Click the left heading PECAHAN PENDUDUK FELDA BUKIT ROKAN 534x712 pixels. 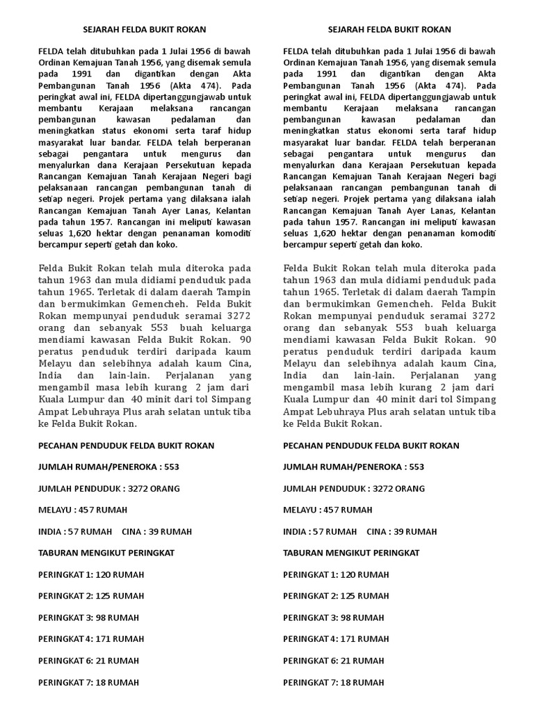click(x=126, y=446)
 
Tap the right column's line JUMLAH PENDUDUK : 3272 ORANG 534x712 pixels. click(x=354, y=489)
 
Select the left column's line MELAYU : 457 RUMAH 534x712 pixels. click(x=83, y=510)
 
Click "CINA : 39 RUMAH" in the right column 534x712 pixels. click(x=402, y=532)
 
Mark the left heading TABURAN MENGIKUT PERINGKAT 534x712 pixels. click(x=106, y=553)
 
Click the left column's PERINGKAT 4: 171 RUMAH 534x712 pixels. click(x=91, y=639)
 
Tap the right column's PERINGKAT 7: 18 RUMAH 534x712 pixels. click(x=334, y=682)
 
